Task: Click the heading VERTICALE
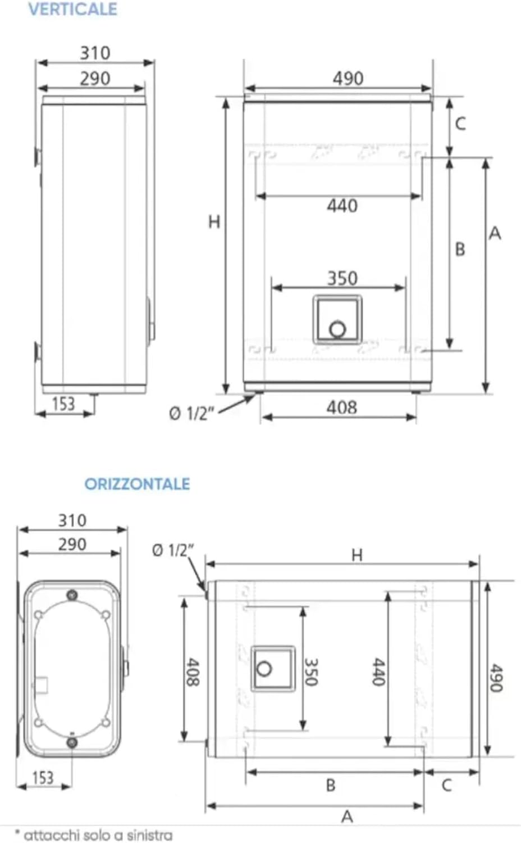(x=72, y=10)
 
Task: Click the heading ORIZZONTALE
(x=137, y=484)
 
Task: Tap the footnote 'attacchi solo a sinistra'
(x=94, y=835)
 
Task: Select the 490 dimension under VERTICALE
(x=348, y=78)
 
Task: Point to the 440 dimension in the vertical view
(x=342, y=206)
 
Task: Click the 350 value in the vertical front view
(x=342, y=278)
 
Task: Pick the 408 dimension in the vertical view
(x=341, y=407)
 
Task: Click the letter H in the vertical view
(x=214, y=222)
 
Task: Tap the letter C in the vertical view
(x=460, y=124)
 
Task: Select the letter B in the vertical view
(x=460, y=249)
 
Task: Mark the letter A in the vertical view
(x=495, y=233)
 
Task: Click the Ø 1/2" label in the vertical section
(x=191, y=414)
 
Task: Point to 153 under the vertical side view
(x=63, y=404)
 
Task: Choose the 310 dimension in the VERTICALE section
(x=94, y=53)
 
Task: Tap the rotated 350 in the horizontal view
(x=311, y=672)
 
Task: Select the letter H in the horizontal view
(x=357, y=555)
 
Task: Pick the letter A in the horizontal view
(x=347, y=817)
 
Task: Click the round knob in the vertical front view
(x=337, y=329)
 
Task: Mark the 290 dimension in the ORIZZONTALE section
(x=72, y=544)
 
